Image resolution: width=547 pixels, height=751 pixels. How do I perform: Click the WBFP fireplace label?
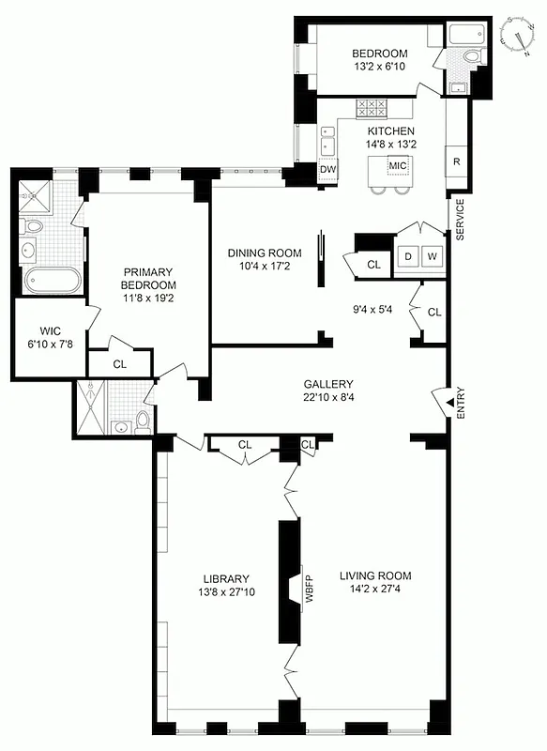308,591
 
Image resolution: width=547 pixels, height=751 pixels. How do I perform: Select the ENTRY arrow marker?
437,401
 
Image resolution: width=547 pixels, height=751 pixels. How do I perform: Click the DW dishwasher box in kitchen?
327,170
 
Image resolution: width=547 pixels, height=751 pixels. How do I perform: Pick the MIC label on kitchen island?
397,166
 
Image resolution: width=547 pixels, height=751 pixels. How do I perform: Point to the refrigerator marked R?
457,161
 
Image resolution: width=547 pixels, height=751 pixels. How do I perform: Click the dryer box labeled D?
408,255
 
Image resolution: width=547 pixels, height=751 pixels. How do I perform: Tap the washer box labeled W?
433,255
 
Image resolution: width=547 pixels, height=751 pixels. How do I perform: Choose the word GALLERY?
327,384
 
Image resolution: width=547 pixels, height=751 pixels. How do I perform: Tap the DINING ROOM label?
265,253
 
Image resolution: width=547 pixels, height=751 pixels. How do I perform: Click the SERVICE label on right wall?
461,220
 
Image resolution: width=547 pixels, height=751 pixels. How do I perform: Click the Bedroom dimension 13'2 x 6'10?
380,68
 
